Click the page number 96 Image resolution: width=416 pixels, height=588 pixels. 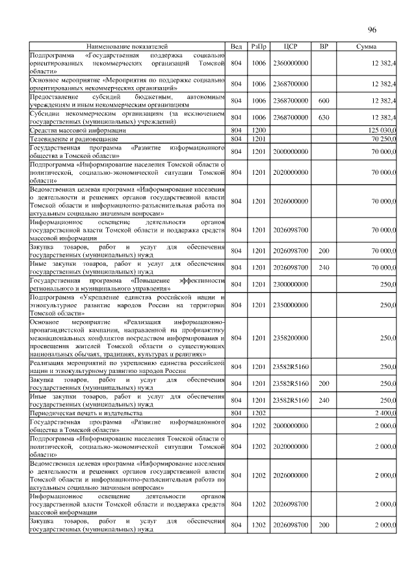coord(372,31)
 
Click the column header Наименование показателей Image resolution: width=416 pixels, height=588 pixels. coord(127,47)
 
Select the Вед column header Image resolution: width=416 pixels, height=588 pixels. coord(237,47)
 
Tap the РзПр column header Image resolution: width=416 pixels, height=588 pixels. coord(259,47)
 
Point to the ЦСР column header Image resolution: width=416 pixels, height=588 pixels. coord(291,47)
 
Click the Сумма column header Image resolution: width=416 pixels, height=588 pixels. coord(369,47)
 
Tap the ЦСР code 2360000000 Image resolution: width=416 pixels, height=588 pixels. coord(291,63)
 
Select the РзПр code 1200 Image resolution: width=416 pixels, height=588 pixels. coord(259,131)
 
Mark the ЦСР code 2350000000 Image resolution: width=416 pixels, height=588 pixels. coord(291,305)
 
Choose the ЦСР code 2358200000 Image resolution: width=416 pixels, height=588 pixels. coord(291,338)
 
